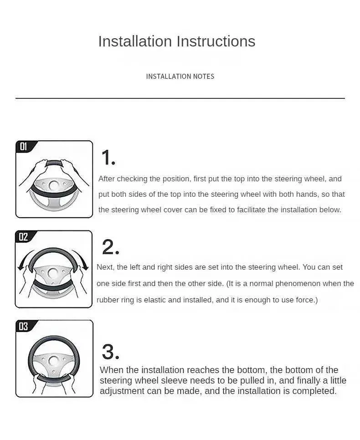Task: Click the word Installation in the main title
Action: pyautogui.click(x=135, y=41)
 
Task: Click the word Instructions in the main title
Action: pyautogui.click(x=216, y=41)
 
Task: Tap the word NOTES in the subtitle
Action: pyautogui.click(x=204, y=77)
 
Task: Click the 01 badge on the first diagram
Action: pyautogui.click(x=24, y=147)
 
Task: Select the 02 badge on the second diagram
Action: pyautogui.click(x=23, y=237)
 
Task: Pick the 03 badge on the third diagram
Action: pyautogui.click(x=23, y=326)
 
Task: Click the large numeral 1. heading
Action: pyautogui.click(x=108, y=158)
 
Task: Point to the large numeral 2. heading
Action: pyautogui.click(x=111, y=247)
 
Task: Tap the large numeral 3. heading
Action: pyautogui.click(x=111, y=352)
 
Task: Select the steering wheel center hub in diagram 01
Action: pyautogui.click(x=53, y=185)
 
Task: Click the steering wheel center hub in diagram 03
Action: pyautogui.click(x=53, y=361)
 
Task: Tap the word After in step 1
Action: pyautogui.click(x=107, y=179)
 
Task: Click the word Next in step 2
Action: pyautogui.click(x=105, y=267)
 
